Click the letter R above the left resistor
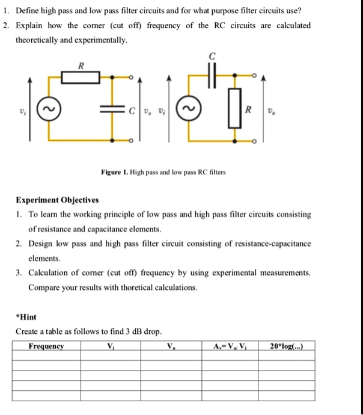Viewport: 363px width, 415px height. (81, 65)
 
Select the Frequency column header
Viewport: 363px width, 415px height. (46, 346)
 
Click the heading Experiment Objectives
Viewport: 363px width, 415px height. (58, 200)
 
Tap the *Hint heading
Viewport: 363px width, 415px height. (26, 316)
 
